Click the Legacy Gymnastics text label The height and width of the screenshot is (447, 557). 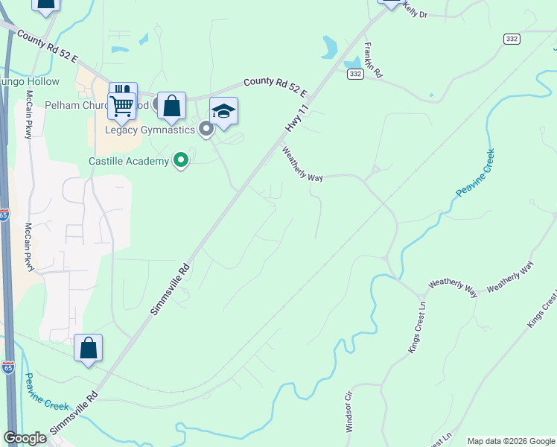pyautogui.click(x=150, y=130)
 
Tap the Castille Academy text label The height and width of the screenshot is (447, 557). pyautogui.click(x=129, y=161)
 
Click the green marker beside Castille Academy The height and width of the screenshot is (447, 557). pyautogui.click(x=180, y=159)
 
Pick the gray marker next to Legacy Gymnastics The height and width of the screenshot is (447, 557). pyautogui.click(x=206, y=130)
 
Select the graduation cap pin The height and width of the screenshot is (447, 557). pyautogui.click(x=223, y=112)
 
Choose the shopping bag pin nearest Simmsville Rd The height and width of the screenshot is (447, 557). pyautogui.click(x=88, y=348)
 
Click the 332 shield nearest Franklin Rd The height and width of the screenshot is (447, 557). pyautogui.click(x=355, y=73)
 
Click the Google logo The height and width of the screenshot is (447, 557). pyautogui.click(x=25, y=438)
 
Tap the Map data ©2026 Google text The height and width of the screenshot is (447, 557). pyautogui.click(x=510, y=441)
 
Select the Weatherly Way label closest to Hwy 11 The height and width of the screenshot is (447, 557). pyautogui.click(x=302, y=164)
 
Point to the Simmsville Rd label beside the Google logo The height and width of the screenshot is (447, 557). pyautogui.click(x=74, y=413)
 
